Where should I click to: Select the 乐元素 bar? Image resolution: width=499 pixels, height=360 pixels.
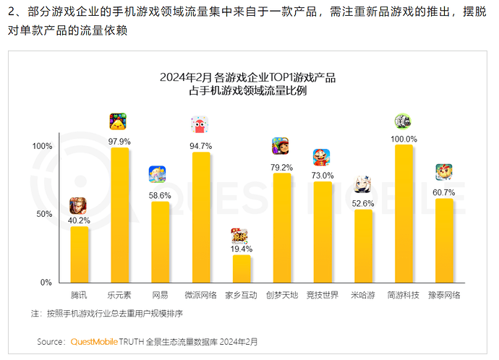119,215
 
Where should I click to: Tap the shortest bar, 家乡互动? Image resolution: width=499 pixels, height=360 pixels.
241,268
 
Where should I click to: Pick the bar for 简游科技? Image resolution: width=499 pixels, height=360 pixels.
404,213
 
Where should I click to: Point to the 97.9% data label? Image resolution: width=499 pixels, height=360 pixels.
119,141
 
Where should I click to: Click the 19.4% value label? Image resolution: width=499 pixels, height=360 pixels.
241,249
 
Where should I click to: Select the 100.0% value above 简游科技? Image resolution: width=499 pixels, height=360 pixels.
404,139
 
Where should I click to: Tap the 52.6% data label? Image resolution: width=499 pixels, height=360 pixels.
363,203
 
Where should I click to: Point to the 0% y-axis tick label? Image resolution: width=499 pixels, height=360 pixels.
46,282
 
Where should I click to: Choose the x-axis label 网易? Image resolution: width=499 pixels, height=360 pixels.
160,296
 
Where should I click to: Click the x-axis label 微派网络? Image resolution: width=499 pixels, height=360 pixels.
200,296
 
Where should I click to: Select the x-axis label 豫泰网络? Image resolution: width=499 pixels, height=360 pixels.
444,296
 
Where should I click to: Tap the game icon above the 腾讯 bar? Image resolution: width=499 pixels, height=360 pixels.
78,205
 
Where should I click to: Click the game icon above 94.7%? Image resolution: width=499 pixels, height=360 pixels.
200,125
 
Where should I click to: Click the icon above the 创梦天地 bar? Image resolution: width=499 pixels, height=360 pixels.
281,146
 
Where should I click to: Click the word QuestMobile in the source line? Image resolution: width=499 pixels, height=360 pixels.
98,340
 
